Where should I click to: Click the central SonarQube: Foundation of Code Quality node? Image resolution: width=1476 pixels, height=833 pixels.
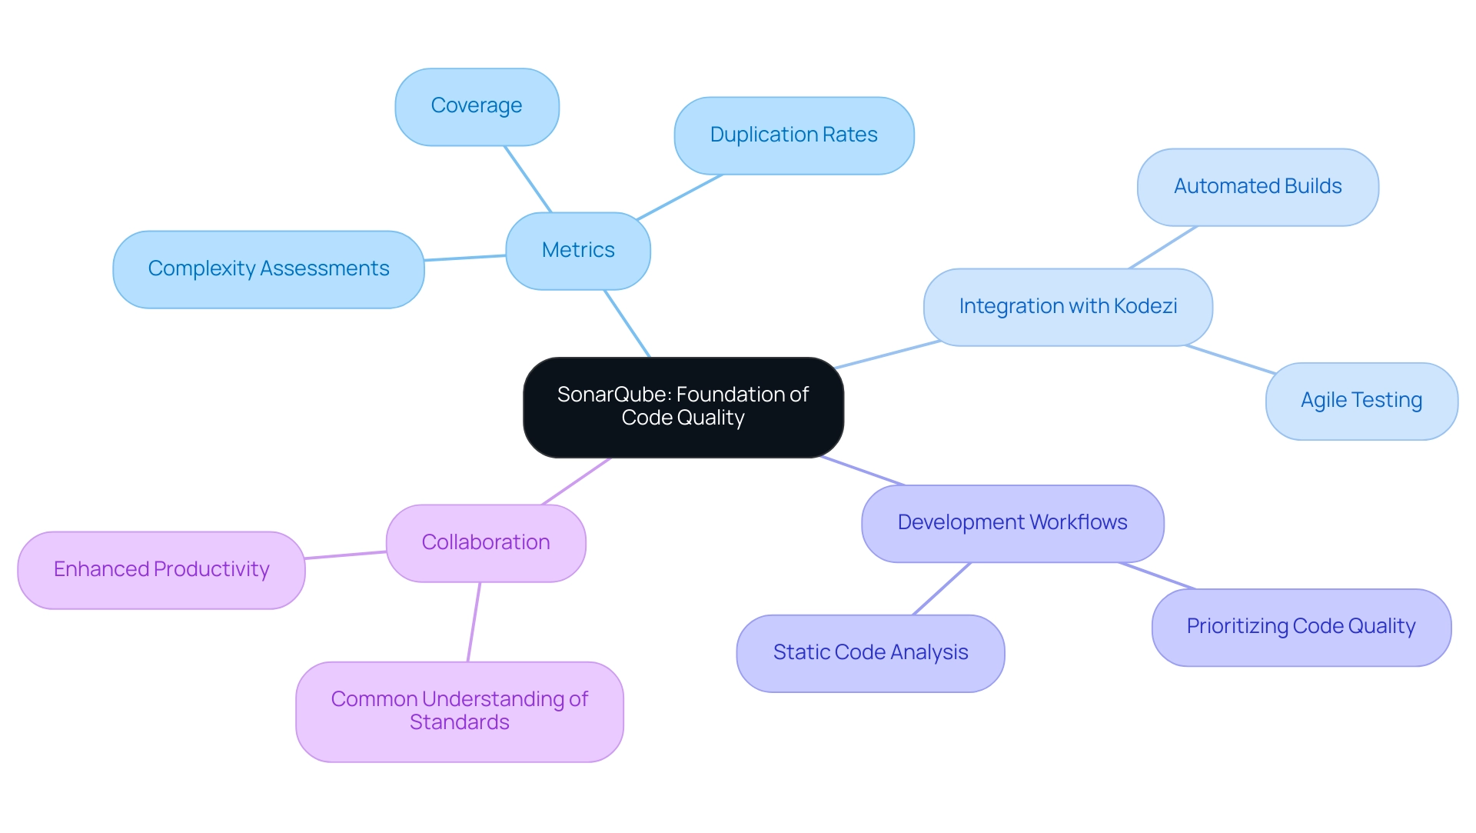(683, 407)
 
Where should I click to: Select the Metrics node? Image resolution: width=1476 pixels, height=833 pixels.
(578, 251)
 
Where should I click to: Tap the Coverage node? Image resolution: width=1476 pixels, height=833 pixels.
(477, 106)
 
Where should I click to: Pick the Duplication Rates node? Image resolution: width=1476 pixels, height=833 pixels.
(793, 135)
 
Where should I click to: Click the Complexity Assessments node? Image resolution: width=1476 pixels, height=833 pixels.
(268, 269)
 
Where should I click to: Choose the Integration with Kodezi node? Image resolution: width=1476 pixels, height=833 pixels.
(1068, 307)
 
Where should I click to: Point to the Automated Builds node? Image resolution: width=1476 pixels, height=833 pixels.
(1258, 187)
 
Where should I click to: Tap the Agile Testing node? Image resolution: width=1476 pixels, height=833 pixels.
(1361, 401)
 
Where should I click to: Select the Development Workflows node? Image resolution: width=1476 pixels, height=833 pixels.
(1012, 523)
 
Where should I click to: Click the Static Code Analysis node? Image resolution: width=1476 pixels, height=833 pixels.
(870, 653)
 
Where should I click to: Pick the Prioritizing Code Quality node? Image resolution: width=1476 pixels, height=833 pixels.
(1301, 627)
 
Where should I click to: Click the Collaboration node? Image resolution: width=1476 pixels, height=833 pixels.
(486, 543)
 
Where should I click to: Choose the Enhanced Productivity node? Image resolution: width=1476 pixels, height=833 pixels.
(161, 570)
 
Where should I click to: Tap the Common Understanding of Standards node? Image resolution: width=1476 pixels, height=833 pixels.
(459, 711)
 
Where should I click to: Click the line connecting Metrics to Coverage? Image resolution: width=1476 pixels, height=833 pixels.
(528, 179)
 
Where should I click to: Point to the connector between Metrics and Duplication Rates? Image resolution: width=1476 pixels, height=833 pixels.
(680, 198)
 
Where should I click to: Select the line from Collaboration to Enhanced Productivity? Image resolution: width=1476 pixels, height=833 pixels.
(346, 555)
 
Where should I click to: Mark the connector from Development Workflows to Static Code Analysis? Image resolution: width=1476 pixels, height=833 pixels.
(942, 589)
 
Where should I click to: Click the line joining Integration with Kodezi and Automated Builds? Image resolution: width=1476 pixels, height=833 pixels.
(1163, 247)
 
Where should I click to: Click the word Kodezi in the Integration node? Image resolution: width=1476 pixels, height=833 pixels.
(1145, 306)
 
